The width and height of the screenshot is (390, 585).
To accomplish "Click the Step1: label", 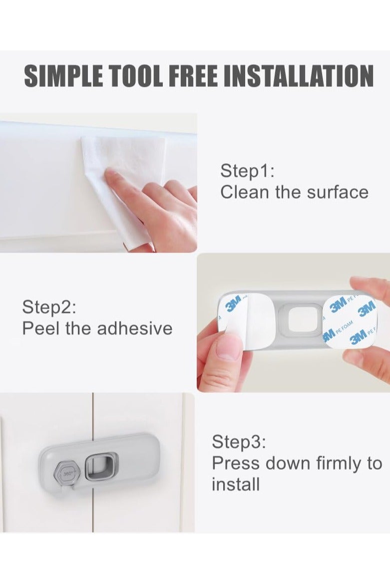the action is point(248,171).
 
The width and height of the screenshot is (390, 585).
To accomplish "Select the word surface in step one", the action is point(338,193).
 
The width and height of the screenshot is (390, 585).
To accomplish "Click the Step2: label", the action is point(49,307).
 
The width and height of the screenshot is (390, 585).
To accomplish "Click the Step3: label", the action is point(239,442).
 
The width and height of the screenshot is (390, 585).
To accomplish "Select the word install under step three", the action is point(236,485).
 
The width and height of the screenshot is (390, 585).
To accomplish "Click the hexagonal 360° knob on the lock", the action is point(68,474).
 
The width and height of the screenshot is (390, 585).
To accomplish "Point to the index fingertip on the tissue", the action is point(110,173).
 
